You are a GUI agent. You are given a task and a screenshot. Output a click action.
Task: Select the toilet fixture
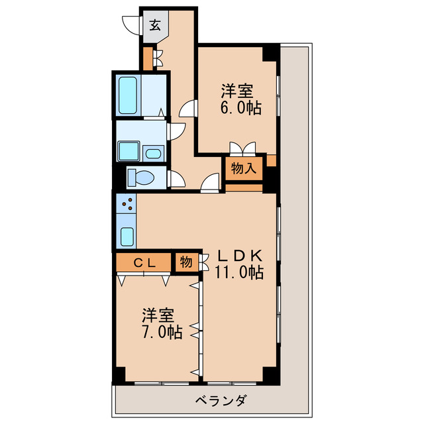pyautogui.click(x=140, y=178)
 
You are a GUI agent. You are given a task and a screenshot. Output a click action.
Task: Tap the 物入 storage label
pyautogui.click(x=243, y=168)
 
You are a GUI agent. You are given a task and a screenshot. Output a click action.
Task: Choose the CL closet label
pyautogui.click(x=145, y=262)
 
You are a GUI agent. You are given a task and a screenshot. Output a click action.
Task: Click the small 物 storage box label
pyautogui.click(x=186, y=262)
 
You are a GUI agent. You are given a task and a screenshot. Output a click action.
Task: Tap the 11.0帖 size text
pyautogui.click(x=239, y=272)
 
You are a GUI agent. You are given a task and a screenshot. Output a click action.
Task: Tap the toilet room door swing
pyautogui.click(x=176, y=179)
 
